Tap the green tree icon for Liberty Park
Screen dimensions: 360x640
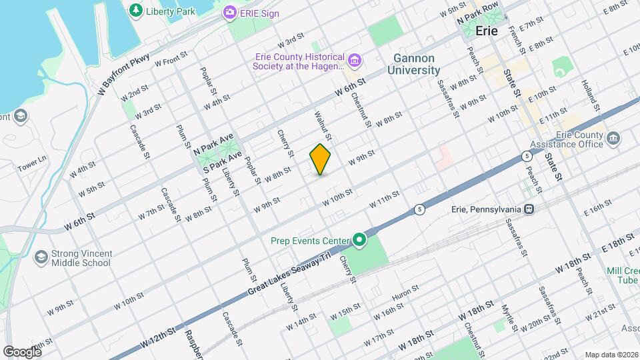click(x=136, y=10)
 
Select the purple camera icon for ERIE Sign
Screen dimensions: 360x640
click(x=230, y=12)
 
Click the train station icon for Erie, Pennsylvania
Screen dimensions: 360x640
click(x=529, y=209)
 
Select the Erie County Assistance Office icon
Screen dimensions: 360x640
click(x=613, y=139)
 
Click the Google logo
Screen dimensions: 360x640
click(x=23, y=351)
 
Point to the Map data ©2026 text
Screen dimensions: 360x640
click(x=611, y=355)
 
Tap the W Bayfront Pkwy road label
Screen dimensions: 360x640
click(x=124, y=75)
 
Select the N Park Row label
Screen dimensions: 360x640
click(x=478, y=15)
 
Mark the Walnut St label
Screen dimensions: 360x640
click(x=323, y=125)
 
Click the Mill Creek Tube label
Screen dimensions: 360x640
click(x=623, y=275)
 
